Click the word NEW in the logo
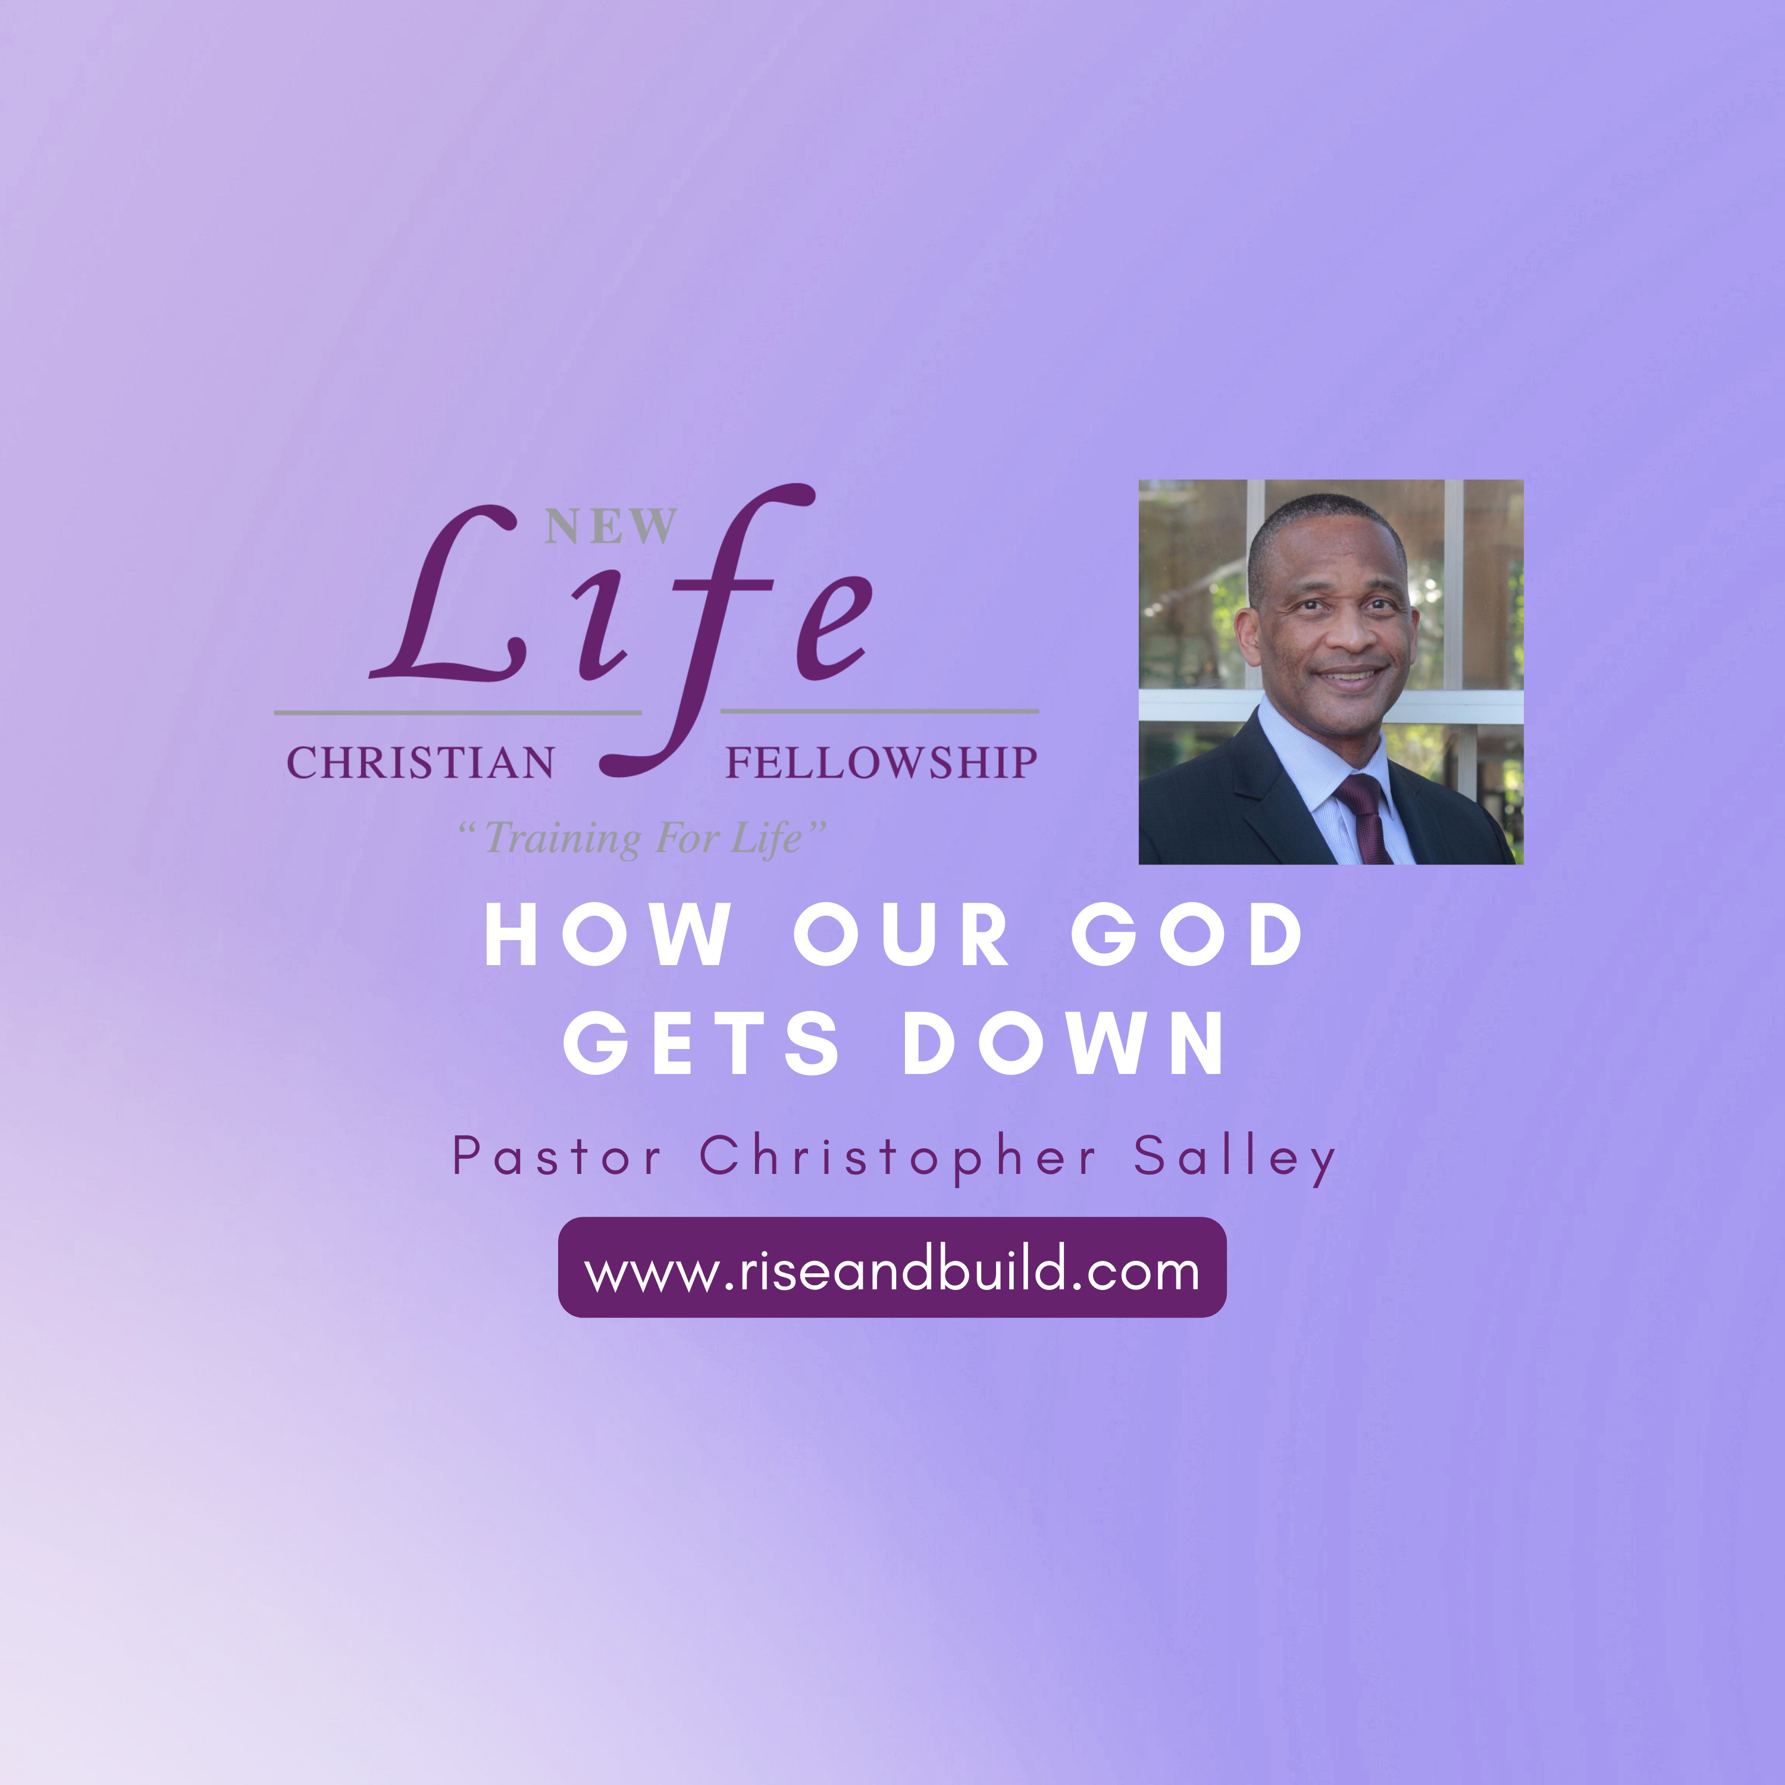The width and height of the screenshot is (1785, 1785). click(x=610, y=527)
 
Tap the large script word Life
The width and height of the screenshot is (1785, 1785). click(x=621, y=628)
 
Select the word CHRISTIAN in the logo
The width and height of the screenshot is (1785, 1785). click(x=421, y=763)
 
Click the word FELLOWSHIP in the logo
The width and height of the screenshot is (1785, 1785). click(x=881, y=763)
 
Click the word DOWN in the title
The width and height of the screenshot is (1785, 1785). click(x=1063, y=1043)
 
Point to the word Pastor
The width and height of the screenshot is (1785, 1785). click(x=557, y=1156)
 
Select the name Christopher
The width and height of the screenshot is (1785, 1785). click(x=897, y=1158)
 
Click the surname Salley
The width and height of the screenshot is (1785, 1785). click(x=1235, y=1158)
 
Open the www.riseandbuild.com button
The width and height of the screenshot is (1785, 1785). click(x=891, y=1267)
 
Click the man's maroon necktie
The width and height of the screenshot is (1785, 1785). click(x=1366, y=817)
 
